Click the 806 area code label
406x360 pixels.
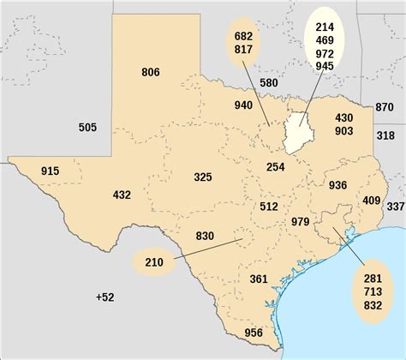point(151,72)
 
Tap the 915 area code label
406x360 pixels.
point(51,171)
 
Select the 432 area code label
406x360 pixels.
point(122,195)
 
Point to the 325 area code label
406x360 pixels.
point(203,177)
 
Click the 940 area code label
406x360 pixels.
point(243,106)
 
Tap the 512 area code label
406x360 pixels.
point(268,206)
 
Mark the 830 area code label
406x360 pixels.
point(205,236)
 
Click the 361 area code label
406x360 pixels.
point(260,279)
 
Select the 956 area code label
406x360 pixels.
point(254,333)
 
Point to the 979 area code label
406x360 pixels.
point(300,222)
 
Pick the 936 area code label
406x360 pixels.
point(337,184)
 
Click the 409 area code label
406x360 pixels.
point(371,201)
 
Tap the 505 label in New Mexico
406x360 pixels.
point(87,128)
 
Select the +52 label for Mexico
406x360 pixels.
point(104,297)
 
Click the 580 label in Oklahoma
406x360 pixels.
point(268,83)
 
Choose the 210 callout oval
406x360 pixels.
point(153,261)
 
